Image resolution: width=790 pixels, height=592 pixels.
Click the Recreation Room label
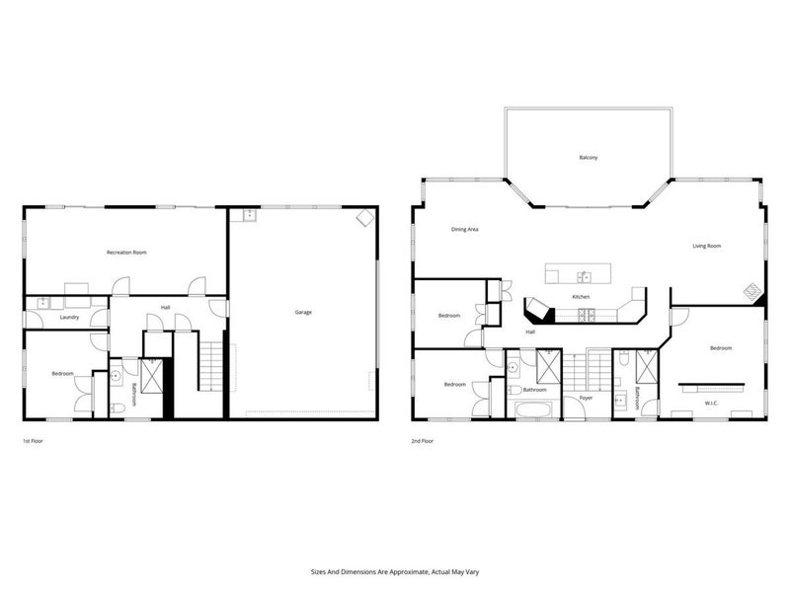[126, 253]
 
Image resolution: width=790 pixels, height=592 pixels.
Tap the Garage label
[303, 312]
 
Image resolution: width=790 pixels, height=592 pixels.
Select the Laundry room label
[69, 317]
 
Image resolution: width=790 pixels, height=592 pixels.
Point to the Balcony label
[589, 158]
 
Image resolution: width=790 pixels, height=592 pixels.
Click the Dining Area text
[464, 230]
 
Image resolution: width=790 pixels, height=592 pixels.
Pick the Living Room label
[706, 246]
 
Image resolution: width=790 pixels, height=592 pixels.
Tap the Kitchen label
[581, 297]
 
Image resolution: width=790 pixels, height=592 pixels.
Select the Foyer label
[586, 399]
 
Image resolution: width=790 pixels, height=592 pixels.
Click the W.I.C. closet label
[711, 404]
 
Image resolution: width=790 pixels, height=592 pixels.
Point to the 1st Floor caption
[33, 441]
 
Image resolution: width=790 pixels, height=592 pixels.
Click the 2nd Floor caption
[423, 441]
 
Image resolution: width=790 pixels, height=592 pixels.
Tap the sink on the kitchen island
[584, 276]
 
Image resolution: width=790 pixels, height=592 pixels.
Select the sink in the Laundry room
[43, 303]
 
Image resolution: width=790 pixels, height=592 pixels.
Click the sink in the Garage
[249, 215]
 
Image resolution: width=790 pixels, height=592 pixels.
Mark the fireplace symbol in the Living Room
[754, 291]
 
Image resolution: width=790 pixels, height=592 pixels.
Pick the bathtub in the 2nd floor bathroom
[533, 408]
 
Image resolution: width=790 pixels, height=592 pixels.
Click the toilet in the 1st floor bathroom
[118, 408]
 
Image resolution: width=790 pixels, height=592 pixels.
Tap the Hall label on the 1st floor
[165, 308]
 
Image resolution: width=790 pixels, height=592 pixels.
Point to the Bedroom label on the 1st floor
[62, 374]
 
